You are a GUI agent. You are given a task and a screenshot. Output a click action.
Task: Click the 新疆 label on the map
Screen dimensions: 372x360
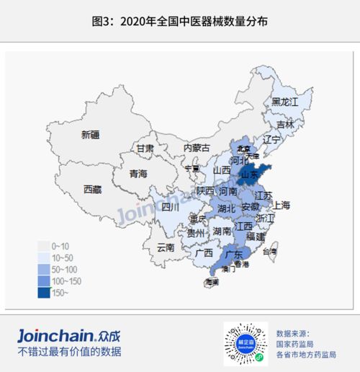click(91, 135)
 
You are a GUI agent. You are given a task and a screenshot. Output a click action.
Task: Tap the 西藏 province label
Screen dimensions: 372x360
click(93, 190)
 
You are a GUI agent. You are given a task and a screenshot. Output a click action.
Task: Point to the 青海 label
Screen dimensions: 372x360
click(138, 174)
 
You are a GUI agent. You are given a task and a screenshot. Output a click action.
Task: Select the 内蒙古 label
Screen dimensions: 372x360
click(197, 148)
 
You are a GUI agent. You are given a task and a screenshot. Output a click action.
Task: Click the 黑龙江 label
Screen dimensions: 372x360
click(284, 102)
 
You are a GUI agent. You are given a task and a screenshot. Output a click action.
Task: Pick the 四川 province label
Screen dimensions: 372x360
click(170, 207)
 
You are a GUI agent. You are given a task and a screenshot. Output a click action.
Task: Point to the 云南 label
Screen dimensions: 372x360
click(165, 247)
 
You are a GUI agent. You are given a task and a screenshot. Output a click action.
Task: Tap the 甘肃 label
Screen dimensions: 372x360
click(145, 149)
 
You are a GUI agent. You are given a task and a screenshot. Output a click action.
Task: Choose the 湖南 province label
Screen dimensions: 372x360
click(221, 231)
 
